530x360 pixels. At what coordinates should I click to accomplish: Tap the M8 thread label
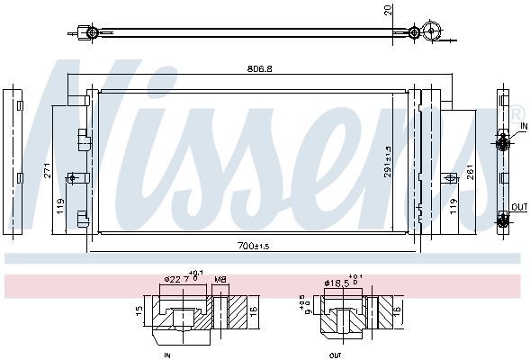coord(220,280)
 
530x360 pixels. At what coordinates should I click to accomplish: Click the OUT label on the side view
coord(519,207)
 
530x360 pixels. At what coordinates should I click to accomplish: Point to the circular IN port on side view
coord(503,140)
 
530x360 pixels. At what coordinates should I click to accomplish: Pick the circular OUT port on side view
coord(503,216)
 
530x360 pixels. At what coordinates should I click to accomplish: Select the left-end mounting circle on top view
coord(89,33)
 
